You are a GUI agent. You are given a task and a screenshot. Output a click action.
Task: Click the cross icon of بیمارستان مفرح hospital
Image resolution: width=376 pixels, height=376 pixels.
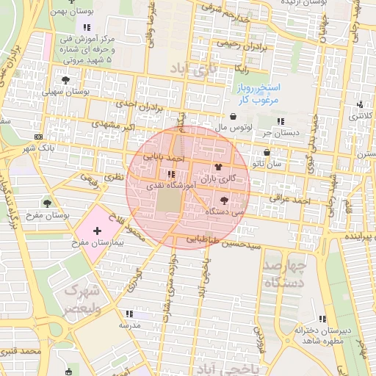click(97, 231)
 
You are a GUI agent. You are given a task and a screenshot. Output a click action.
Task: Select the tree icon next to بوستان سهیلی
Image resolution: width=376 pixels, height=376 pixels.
click(66, 80)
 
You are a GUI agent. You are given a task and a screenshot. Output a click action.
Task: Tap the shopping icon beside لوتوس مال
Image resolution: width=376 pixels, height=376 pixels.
click(234, 116)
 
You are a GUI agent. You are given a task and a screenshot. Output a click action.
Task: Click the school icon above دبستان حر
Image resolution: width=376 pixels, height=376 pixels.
click(279, 121)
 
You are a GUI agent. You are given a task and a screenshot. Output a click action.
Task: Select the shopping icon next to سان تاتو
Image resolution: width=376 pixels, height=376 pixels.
click(266, 153)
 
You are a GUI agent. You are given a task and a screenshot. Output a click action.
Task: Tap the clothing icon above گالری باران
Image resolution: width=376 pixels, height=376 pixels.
click(217, 167)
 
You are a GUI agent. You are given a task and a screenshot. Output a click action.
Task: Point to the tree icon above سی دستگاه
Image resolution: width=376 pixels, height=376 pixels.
click(224, 200)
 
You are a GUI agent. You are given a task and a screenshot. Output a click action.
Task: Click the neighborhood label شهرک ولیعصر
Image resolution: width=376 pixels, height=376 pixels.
click(79, 300)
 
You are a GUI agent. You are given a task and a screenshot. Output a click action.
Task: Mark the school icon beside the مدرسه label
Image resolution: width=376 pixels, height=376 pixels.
click(130, 314)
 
